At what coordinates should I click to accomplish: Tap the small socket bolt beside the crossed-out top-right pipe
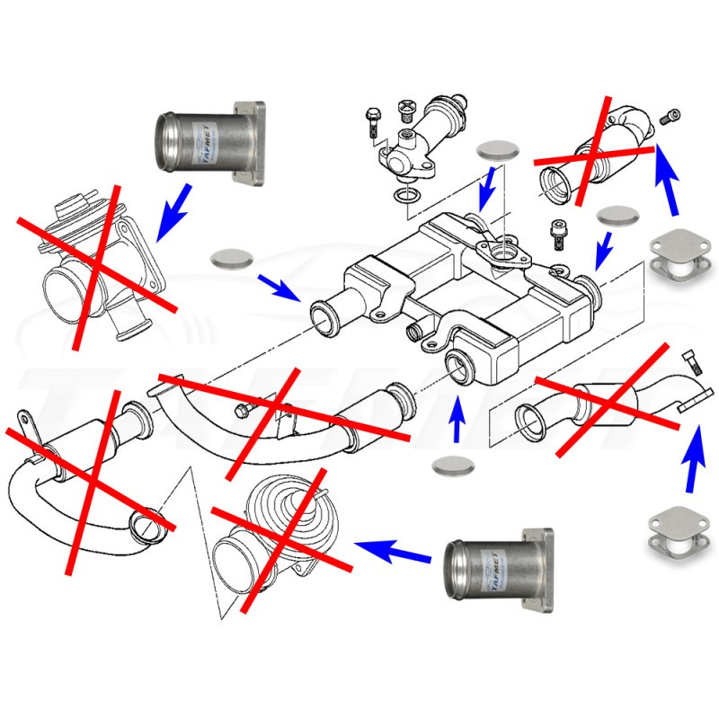point(671,116)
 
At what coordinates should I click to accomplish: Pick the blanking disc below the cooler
point(452,466)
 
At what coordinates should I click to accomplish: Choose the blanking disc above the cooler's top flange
point(497,152)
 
